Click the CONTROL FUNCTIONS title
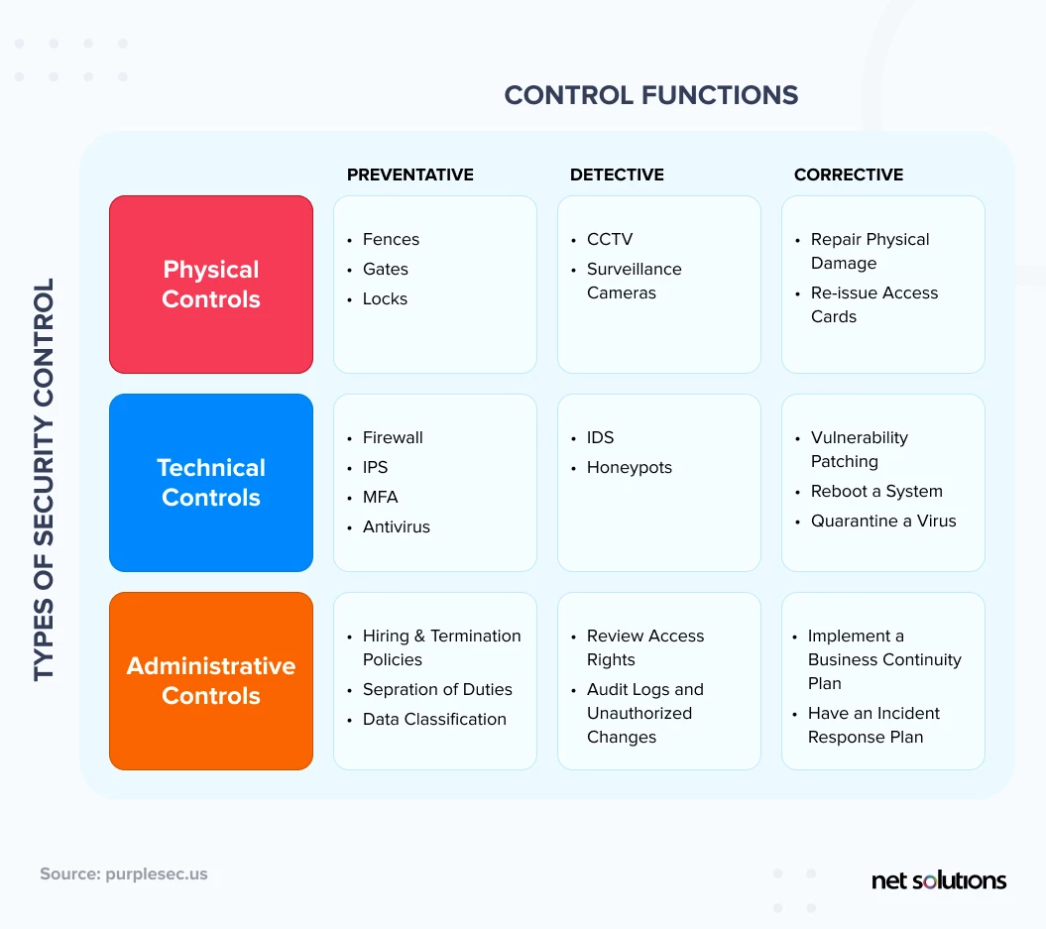click(x=651, y=95)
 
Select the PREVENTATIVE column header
click(x=410, y=174)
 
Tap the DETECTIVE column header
click(x=617, y=174)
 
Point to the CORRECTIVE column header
click(x=849, y=174)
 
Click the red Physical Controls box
click(x=211, y=285)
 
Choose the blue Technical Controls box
click(x=211, y=482)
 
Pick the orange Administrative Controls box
click(x=211, y=681)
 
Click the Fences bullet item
click(x=391, y=239)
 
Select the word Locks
click(x=385, y=298)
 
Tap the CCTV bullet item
click(x=610, y=239)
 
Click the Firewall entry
click(x=393, y=437)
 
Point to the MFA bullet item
click(x=381, y=497)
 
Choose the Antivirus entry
click(x=397, y=526)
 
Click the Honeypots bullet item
click(x=629, y=468)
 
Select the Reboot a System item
click(x=876, y=492)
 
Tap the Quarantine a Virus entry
click(x=883, y=521)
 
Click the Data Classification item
click(x=434, y=719)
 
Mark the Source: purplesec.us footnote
click(x=123, y=873)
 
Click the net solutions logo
click(x=939, y=880)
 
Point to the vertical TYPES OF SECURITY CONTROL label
click(x=44, y=480)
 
